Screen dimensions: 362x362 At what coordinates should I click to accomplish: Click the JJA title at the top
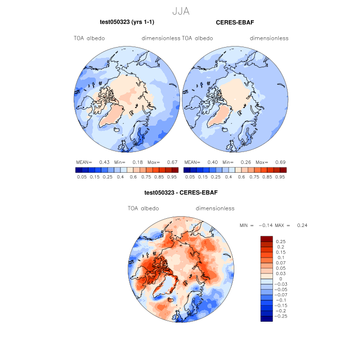(180, 10)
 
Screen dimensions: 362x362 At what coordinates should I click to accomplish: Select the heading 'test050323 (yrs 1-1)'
(127, 22)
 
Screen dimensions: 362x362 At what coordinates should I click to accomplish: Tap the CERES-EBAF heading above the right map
(235, 22)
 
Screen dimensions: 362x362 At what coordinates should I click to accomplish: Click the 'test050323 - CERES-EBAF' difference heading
(181, 193)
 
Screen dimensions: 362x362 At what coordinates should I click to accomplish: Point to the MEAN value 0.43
(103, 162)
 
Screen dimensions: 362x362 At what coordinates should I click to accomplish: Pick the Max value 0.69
(280, 162)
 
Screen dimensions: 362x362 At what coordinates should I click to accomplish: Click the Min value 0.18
(139, 162)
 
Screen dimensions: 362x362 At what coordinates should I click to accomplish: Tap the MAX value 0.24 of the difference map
(303, 226)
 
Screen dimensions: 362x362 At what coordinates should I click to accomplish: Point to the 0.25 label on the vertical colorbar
(281, 242)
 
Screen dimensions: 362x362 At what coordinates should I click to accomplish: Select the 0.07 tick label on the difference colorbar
(281, 263)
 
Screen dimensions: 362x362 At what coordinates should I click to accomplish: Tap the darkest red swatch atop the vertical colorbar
(266, 238)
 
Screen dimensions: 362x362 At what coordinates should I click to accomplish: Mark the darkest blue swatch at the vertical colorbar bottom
(266, 319)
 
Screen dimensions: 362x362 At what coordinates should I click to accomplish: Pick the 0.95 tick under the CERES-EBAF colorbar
(281, 177)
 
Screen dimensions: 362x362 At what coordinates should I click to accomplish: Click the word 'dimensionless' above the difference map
(215, 208)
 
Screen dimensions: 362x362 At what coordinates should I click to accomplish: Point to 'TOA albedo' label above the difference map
(143, 208)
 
